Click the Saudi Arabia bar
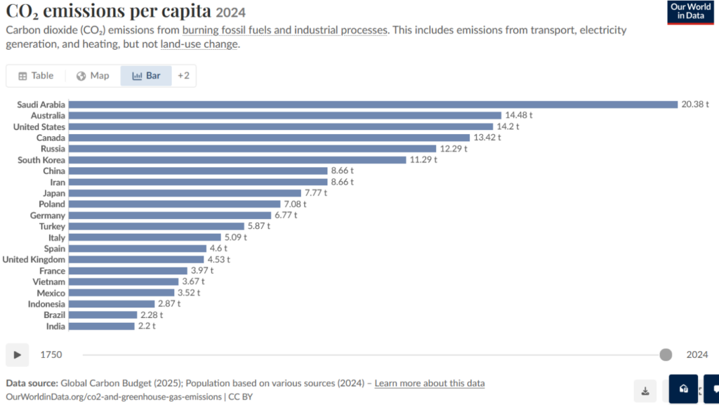click(374, 105)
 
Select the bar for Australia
click(285, 115)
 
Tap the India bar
click(102, 326)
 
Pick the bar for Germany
click(170, 215)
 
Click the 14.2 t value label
click(508, 126)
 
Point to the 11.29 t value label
click(423, 160)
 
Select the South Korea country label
click(41, 160)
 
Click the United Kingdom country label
click(34, 259)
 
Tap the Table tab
click(36, 76)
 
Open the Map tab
click(93, 76)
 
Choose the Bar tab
click(146, 76)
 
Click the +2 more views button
click(183, 76)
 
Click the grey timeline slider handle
click(666, 354)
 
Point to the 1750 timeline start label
click(51, 354)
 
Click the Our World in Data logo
click(691, 13)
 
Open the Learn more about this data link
click(430, 383)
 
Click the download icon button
click(645, 391)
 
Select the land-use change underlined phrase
click(199, 44)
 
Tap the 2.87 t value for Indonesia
click(169, 304)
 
